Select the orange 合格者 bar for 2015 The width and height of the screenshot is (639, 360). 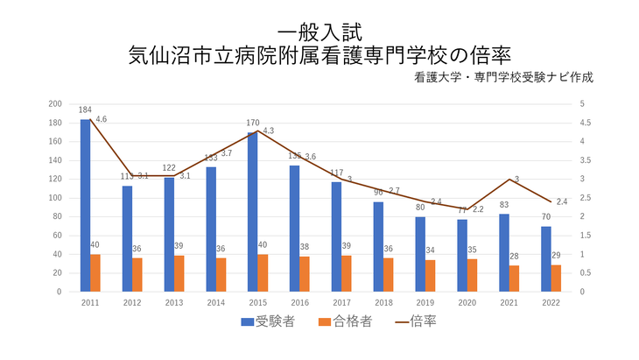(x=263, y=272)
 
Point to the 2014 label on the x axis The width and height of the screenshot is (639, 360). (x=215, y=303)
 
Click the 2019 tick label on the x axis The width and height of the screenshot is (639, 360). (x=424, y=303)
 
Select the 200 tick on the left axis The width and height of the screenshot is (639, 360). (x=55, y=104)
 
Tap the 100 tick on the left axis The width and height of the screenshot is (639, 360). (x=55, y=198)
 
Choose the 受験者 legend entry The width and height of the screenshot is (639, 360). (x=268, y=321)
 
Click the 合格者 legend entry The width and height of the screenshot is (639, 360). (x=347, y=321)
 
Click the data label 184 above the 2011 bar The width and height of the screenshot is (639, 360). (x=85, y=110)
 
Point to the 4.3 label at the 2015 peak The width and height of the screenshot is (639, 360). (x=268, y=131)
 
